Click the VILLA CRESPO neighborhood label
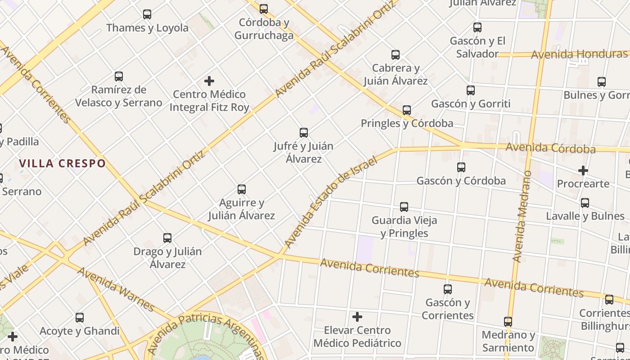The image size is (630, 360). pos(63,163)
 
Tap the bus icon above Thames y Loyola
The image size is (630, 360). pos(147,14)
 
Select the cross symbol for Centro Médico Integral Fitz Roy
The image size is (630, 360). pos(209,81)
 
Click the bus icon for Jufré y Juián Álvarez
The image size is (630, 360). pos(304,133)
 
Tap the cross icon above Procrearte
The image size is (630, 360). pos(583,171)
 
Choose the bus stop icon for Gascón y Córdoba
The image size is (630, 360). pos(461,167)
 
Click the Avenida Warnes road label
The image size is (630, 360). pos(116,290)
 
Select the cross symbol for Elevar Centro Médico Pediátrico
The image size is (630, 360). pos(357,317)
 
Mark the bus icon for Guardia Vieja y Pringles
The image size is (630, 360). pos(404,207)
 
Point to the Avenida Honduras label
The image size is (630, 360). pos(579,54)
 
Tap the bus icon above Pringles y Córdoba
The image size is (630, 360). pos(407,110)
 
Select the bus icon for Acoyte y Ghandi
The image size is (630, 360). pos(80,318)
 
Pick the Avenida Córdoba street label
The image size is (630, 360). pos(550,148)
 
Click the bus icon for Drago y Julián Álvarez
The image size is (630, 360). pos(167,238)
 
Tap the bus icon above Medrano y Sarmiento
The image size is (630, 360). pos(508,322)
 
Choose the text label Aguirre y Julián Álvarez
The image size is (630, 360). pos(241,209)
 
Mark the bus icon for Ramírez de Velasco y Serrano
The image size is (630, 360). pos(119,76)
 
